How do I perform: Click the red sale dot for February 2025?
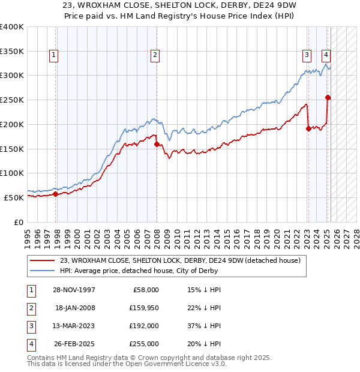tap(328, 97)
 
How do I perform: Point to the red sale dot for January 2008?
tap(157, 144)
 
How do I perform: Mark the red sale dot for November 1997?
tap(55, 194)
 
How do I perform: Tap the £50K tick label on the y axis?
tap(14, 197)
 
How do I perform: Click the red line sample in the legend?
tap(43, 260)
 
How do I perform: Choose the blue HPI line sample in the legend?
tap(43, 271)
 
